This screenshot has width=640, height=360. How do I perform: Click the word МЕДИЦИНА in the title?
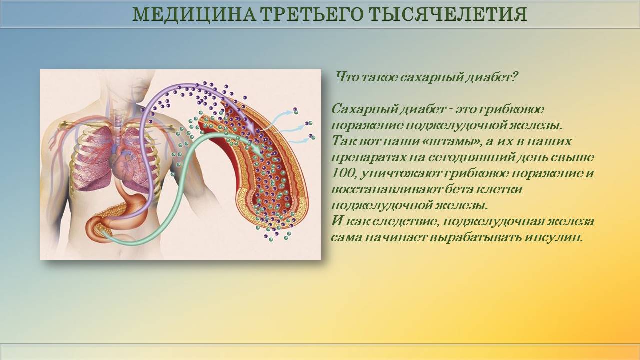click(194, 14)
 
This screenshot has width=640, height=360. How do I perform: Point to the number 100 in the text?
click(342, 173)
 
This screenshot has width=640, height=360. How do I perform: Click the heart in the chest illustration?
click(125, 165)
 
